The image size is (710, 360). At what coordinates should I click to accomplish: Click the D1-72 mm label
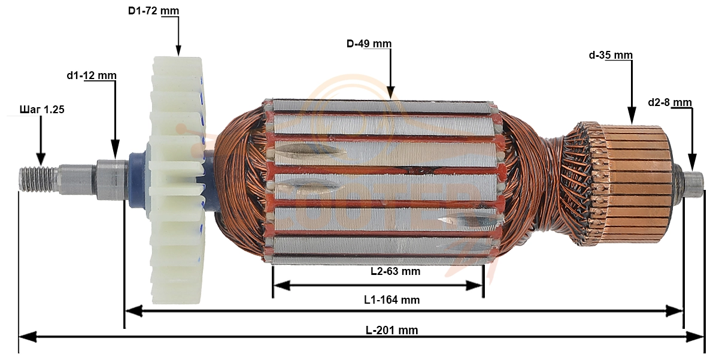coord(153,10)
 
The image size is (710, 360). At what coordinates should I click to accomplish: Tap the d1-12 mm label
coord(92,75)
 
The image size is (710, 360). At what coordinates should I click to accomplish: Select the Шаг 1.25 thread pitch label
coord(42,109)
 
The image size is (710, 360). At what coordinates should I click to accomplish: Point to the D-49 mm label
coord(369,44)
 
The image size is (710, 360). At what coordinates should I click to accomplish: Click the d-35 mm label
coord(611,55)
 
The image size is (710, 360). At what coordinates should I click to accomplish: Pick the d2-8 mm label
coord(670,102)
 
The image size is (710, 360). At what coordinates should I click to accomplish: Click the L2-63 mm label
coord(395,271)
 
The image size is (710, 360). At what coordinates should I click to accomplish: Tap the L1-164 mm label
coord(392,300)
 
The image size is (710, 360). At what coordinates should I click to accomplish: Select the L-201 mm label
coord(392,330)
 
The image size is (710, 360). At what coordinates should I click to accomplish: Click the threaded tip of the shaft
coord(38,174)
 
